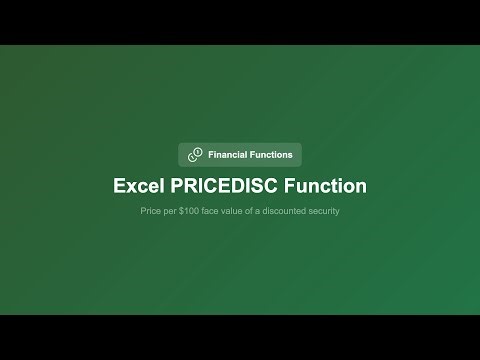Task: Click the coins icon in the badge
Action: [x=194, y=155]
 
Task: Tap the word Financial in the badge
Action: [x=227, y=155]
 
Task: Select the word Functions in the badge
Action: [x=271, y=155]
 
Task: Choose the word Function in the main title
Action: [x=327, y=186]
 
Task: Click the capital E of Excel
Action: [x=119, y=186]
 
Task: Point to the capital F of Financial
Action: [x=210, y=155]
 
